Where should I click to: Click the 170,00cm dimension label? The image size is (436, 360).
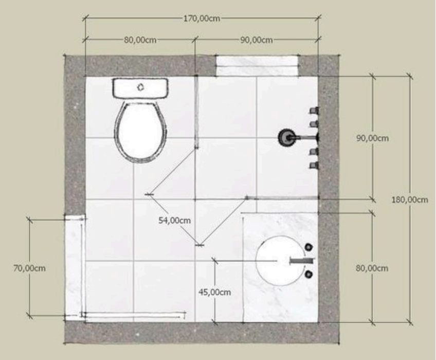[x=202, y=19]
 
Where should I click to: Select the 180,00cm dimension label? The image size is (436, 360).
[x=410, y=200]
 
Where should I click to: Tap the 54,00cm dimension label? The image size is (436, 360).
[x=175, y=221]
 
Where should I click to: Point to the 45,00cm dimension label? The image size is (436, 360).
[x=215, y=292]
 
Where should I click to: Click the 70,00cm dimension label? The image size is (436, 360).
[x=29, y=268]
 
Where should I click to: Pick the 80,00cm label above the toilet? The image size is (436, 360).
[x=140, y=40]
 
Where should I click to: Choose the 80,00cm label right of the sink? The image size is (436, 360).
[x=372, y=268]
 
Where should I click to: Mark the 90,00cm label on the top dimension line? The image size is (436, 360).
[x=257, y=40]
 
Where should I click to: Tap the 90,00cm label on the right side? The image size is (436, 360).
[x=373, y=138]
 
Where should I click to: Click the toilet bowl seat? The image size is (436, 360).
[x=141, y=132]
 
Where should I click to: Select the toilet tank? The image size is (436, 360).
[x=140, y=88]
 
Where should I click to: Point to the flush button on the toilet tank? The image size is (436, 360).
[x=141, y=87]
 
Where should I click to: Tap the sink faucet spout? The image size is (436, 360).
[x=302, y=261]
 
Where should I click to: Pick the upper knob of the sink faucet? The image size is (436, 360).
[x=308, y=247]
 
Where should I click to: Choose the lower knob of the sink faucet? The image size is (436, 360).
[x=308, y=275]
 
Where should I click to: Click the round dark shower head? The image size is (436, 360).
[x=285, y=137]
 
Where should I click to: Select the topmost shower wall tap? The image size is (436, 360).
[x=314, y=111]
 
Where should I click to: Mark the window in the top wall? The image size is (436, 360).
[x=258, y=66]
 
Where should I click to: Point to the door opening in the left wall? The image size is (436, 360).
[x=75, y=267]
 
